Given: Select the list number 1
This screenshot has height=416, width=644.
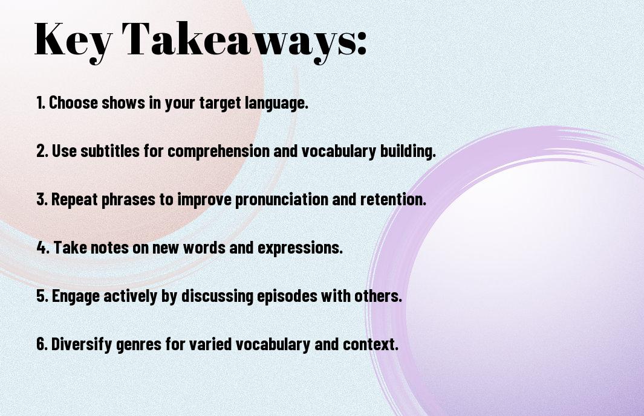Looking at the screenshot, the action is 41,103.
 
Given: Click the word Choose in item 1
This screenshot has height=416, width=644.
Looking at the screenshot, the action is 74,103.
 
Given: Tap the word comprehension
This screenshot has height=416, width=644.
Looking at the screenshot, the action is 218,152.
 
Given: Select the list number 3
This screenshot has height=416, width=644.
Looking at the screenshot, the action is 42,199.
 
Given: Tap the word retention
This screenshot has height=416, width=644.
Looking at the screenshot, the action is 393,199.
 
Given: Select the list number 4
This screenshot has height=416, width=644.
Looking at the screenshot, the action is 43,248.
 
